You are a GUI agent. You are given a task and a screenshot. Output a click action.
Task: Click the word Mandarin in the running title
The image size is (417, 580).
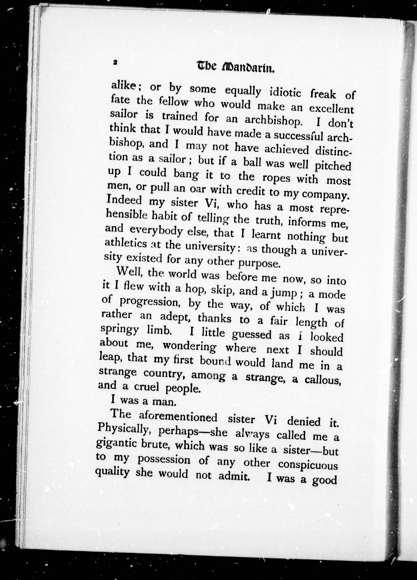point(248,68)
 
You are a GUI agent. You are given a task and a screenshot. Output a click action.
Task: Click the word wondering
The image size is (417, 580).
point(190,347)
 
